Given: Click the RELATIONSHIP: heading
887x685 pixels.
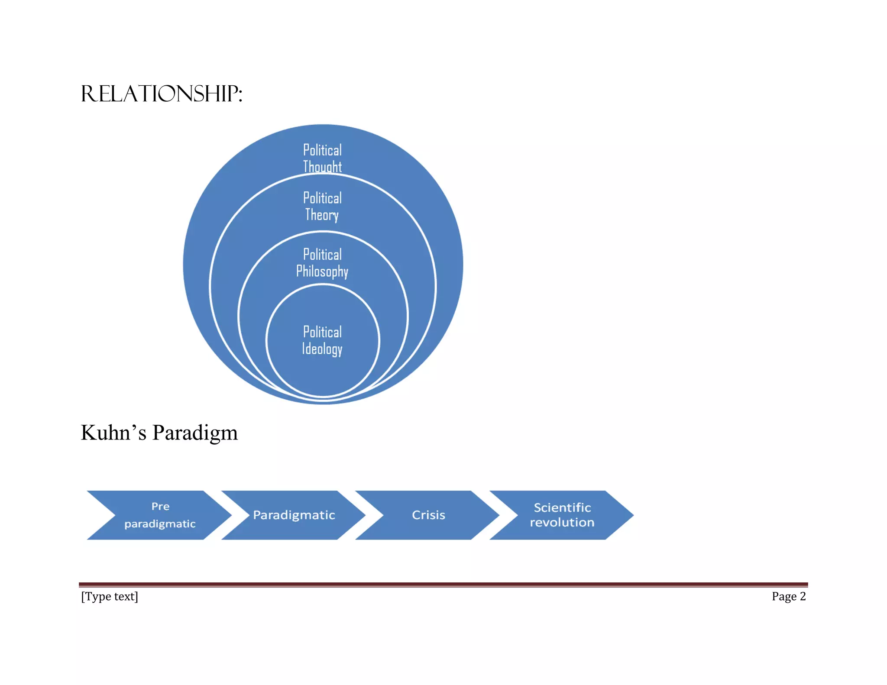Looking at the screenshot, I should pyautogui.click(x=161, y=94).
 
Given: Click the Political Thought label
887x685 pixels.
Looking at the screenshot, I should pyautogui.click(x=322, y=158).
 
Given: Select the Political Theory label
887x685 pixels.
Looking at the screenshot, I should pyautogui.click(x=322, y=206).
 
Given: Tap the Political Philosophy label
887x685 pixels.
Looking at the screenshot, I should pyautogui.click(x=322, y=263).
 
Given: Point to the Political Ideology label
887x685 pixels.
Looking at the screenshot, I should pyautogui.click(x=322, y=340).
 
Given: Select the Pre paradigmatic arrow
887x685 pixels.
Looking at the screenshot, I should pyautogui.click(x=160, y=515).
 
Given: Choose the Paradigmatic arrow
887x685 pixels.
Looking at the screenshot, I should pyautogui.click(x=294, y=515).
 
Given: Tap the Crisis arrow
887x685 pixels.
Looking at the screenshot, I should pyautogui.click(x=428, y=515).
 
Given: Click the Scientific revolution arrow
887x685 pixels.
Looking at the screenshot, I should pyautogui.click(x=562, y=515).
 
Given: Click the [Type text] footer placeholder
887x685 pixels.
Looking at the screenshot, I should pyautogui.click(x=110, y=596).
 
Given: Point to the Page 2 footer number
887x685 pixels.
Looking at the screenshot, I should pyautogui.click(x=788, y=596).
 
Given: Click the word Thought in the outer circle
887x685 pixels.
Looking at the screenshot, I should pyautogui.click(x=322, y=167).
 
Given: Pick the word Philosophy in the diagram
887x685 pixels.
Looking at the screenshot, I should pyautogui.click(x=322, y=272).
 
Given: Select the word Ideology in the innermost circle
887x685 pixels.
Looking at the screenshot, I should pyautogui.click(x=322, y=349).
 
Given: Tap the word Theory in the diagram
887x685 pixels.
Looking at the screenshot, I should pyautogui.click(x=322, y=215).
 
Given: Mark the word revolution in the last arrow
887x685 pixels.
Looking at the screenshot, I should pyautogui.click(x=562, y=523).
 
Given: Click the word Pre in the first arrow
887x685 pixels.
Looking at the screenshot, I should pyautogui.click(x=160, y=506).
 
